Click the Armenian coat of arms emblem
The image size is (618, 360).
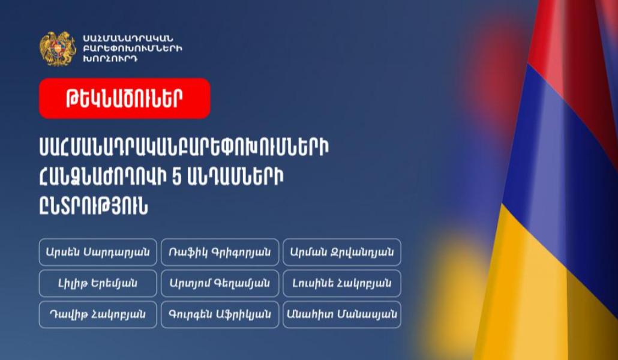[58, 49]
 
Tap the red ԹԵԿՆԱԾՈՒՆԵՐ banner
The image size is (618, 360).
[125, 98]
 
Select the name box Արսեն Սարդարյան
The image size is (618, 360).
[98, 253]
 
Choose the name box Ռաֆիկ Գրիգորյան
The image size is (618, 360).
[220, 253]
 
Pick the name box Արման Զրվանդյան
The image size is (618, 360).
[342, 253]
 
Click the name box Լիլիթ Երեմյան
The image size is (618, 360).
[98, 284]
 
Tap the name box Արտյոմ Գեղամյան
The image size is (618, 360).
[220, 284]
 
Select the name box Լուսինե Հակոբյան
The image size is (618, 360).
[342, 284]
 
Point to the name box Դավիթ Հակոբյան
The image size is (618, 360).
[98, 314]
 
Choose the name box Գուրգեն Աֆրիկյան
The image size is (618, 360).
[220, 314]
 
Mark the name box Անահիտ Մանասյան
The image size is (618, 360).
[342, 314]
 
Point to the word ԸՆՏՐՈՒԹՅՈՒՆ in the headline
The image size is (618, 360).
[94, 206]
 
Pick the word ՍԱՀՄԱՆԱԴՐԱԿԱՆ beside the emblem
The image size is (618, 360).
[128, 38]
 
